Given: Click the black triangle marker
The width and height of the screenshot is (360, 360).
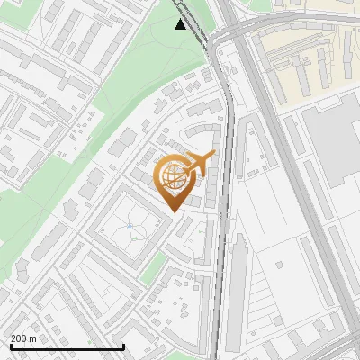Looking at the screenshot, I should (181, 23).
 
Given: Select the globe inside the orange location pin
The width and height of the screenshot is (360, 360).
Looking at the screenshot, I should (175, 176).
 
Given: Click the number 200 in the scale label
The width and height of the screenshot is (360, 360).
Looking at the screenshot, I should (20, 338).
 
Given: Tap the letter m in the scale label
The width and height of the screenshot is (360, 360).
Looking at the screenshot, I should (33, 338).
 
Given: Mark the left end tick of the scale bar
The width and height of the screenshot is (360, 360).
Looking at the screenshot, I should (10, 346).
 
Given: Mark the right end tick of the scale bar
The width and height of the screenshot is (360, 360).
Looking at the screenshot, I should (123, 346).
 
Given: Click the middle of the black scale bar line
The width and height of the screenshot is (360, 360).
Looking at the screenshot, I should (67, 347).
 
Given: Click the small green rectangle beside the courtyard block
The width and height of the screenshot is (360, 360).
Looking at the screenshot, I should (155, 266).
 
